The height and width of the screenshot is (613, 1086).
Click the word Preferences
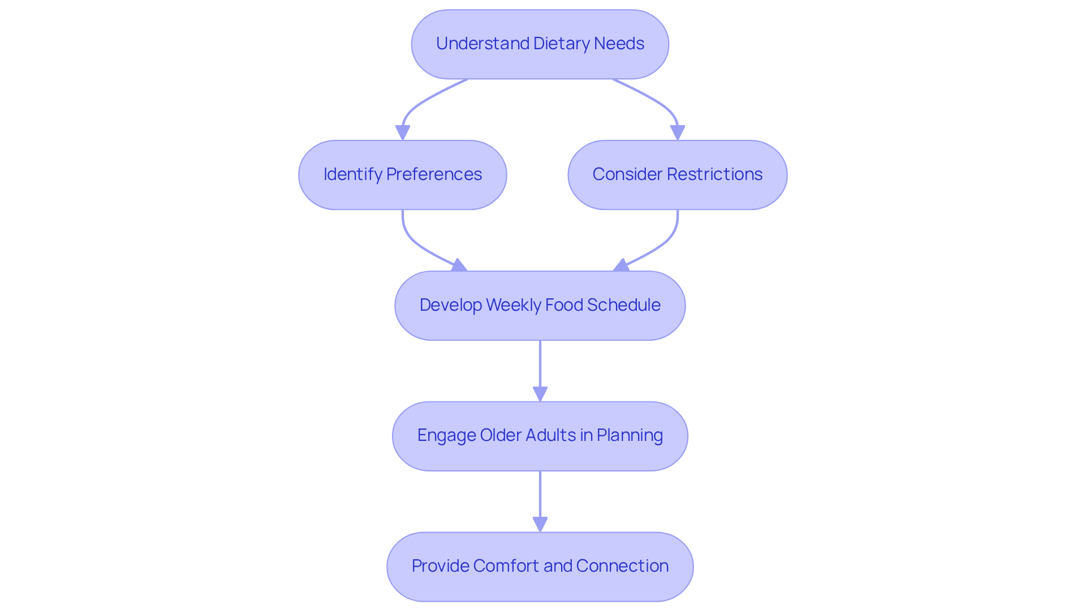point(434,174)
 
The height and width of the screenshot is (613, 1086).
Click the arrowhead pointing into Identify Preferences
point(402,132)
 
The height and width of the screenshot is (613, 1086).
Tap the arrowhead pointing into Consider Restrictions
point(677,132)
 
